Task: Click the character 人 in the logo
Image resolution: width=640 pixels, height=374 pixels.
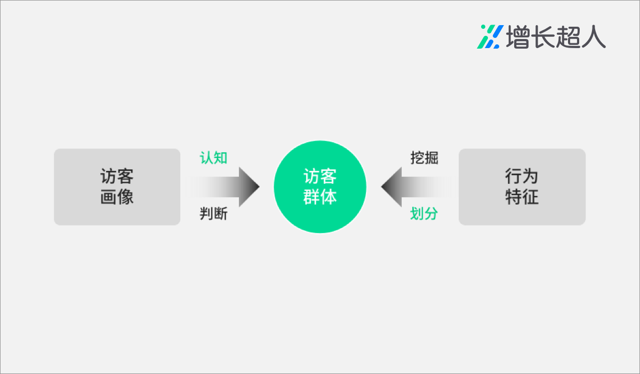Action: tap(594, 37)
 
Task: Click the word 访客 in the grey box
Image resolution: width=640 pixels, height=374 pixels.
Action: tap(117, 176)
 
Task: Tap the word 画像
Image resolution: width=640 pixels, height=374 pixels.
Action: tap(117, 197)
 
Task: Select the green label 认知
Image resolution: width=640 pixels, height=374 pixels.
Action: tap(213, 158)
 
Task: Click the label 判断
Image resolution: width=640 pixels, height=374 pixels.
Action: tap(213, 214)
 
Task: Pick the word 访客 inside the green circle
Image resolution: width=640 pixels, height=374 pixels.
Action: tap(320, 176)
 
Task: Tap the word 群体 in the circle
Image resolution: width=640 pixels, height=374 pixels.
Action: tap(320, 197)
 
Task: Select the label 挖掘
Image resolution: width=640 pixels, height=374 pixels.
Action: tap(425, 158)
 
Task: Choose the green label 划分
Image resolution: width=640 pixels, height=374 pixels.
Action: tap(425, 214)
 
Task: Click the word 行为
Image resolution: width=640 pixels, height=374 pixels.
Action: tap(522, 176)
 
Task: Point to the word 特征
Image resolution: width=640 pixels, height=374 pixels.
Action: tap(522, 197)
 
